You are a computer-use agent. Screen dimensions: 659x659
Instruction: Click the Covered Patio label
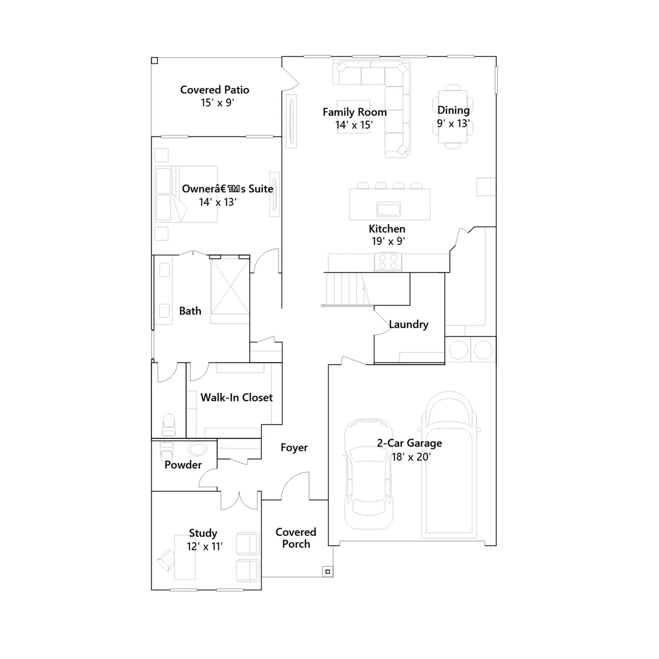[x=215, y=90]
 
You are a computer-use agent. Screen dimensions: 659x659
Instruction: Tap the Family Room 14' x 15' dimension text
[x=354, y=125]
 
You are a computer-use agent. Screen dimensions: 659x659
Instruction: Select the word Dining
[x=453, y=110]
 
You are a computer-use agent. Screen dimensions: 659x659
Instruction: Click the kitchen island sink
[x=389, y=209]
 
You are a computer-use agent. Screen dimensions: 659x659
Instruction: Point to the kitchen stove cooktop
[x=388, y=262]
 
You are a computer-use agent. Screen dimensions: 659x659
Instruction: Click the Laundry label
[x=409, y=325]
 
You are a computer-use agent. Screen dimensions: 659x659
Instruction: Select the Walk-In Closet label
[x=236, y=397]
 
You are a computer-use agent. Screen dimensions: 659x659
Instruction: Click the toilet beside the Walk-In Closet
[x=169, y=424]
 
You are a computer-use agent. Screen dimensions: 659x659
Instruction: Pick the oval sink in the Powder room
[x=198, y=449]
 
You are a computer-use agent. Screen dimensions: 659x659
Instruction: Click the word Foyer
[x=294, y=448]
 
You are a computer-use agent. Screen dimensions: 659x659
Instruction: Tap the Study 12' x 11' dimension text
[x=205, y=547]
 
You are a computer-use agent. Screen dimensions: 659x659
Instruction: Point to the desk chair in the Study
[x=166, y=560]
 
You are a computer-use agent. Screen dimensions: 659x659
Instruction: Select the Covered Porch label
[x=296, y=538]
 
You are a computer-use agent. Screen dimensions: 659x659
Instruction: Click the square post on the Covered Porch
[x=327, y=571]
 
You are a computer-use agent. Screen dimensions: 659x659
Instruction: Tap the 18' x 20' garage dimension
[x=411, y=457]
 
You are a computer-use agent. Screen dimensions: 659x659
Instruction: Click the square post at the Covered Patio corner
[x=154, y=61]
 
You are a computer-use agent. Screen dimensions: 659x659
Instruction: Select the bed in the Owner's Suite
[x=186, y=194]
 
